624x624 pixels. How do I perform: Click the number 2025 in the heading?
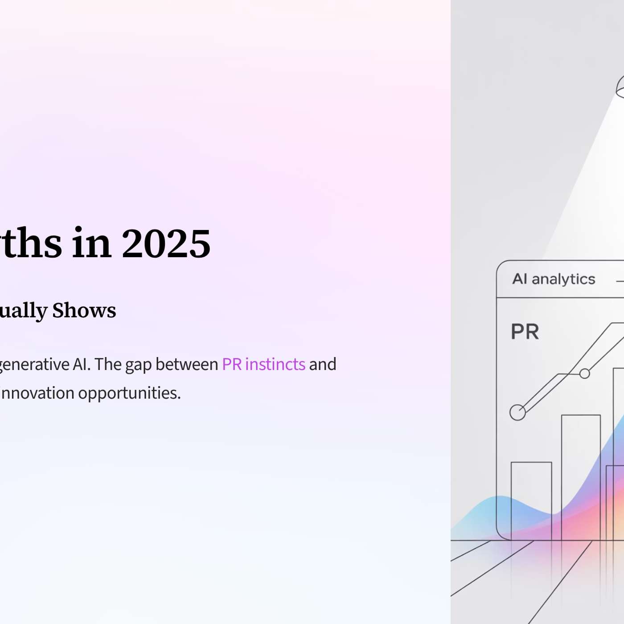tap(166, 243)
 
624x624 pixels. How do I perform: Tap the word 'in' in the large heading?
tap(91, 243)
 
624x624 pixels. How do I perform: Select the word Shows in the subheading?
tap(84, 310)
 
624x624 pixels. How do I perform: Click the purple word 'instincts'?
tap(275, 364)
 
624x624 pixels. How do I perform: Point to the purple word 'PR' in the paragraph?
tap(232, 364)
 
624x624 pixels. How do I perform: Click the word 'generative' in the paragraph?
tap(34, 365)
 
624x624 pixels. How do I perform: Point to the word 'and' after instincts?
tap(323, 364)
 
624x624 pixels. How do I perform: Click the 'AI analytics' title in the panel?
tap(554, 279)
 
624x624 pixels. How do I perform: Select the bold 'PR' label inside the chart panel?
tap(525, 332)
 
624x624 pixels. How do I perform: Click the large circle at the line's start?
tap(517, 412)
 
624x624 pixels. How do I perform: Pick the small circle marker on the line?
tap(585, 374)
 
